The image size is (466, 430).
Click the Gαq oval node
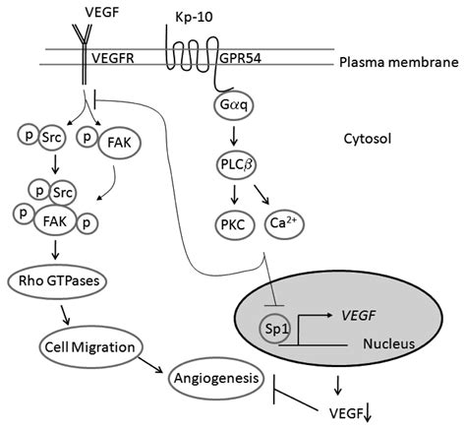[x=234, y=105]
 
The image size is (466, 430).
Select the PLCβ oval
[x=236, y=164]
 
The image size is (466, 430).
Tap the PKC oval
[x=235, y=225]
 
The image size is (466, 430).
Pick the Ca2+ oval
[x=284, y=224]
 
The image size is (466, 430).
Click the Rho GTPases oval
[x=58, y=281]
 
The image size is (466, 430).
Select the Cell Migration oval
[x=90, y=347]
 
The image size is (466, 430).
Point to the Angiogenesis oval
[x=216, y=378]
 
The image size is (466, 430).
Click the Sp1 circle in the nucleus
[x=274, y=329]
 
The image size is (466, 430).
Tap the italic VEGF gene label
[x=358, y=316]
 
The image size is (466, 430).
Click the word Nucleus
[x=389, y=343]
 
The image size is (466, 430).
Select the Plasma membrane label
[x=399, y=62]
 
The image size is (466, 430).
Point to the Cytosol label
[x=368, y=139]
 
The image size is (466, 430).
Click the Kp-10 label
[x=194, y=17]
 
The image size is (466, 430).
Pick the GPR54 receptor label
[x=240, y=58]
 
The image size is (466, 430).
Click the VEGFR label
[x=113, y=58]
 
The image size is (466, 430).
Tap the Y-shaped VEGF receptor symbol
[x=84, y=52]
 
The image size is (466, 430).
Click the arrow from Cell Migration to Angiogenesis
[x=150, y=364]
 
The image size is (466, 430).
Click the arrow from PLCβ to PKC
[x=234, y=195]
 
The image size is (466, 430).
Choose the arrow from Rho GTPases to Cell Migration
[x=65, y=315]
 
